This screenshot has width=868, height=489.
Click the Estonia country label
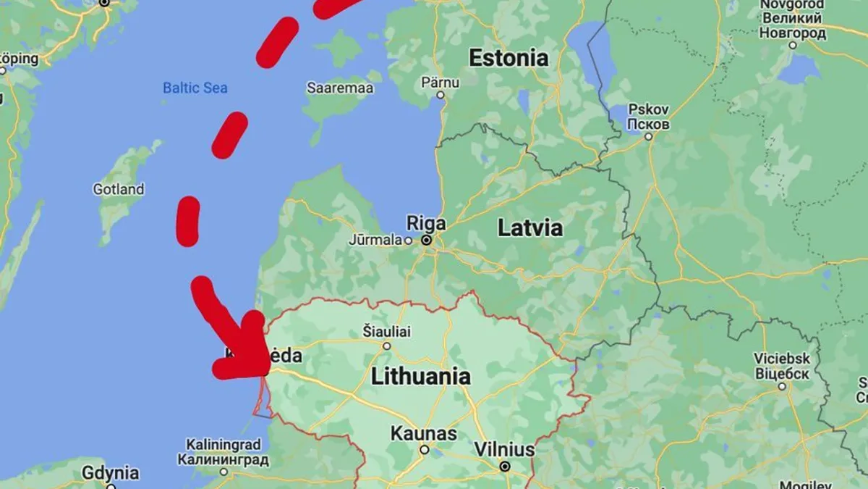coord(509,58)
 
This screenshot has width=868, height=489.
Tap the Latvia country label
coord(529,227)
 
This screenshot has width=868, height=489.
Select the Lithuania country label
coord(420,377)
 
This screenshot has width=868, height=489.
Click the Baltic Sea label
coord(195,88)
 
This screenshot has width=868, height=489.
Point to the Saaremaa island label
coord(340,88)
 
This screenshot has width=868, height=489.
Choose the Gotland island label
coord(119,190)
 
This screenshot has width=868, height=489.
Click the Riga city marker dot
coord(427,240)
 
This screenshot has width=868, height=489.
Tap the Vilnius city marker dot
coord(505,467)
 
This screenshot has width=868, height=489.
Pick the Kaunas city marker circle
coord(425,450)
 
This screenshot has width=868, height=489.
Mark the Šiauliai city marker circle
coord(387,346)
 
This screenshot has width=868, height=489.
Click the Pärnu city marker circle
coord(440,95)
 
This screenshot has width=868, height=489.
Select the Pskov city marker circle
coord(648,136)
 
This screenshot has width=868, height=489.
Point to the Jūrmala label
coord(375,240)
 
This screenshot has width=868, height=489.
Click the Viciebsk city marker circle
coord(782,387)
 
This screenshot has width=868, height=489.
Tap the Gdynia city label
coord(111,473)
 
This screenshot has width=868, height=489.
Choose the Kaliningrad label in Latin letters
coord(223,444)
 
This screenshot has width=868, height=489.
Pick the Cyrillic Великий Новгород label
coord(793,25)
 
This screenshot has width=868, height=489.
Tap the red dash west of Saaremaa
coord(230,135)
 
